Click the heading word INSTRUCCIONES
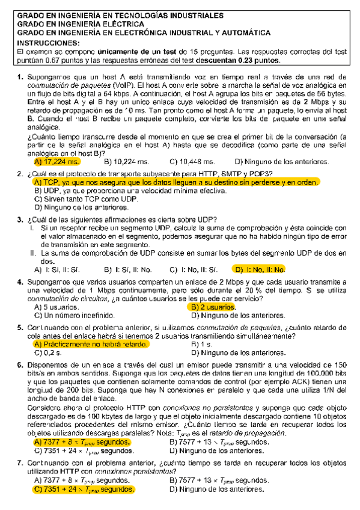click(48, 44)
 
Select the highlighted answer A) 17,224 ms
click(57, 162)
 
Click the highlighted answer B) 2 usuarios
click(214, 307)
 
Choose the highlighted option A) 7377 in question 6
click(83, 442)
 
